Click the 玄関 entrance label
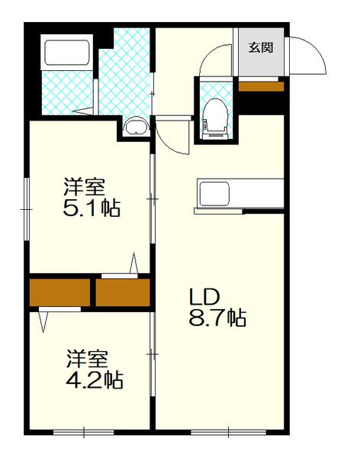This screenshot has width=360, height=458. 260,47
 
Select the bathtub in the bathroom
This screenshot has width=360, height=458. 68,53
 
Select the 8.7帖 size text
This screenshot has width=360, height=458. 217,318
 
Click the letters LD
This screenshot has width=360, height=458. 204,296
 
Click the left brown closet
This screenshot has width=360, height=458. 59,292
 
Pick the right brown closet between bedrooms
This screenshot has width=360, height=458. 123,292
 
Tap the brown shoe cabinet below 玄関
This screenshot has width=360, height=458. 260,85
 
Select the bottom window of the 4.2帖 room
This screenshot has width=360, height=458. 83,433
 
